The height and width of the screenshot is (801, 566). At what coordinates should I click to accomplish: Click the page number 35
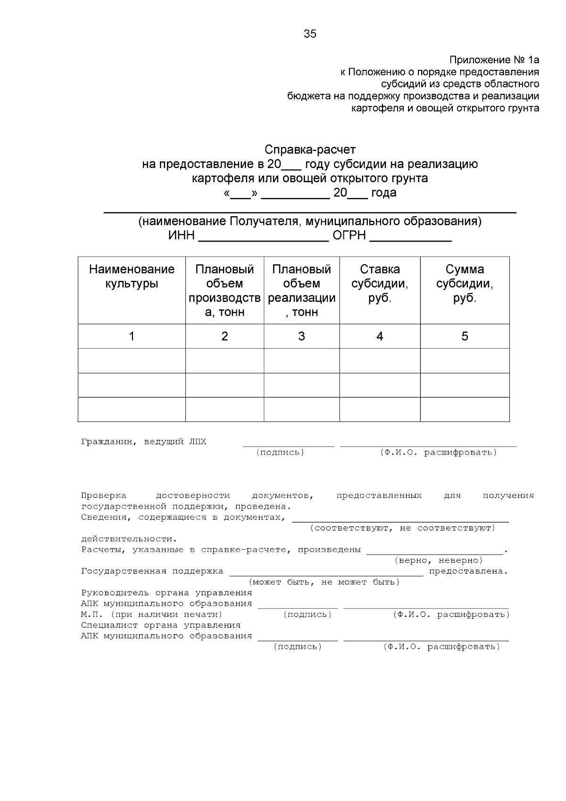click(x=310, y=34)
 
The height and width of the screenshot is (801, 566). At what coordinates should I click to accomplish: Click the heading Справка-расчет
click(x=310, y=150)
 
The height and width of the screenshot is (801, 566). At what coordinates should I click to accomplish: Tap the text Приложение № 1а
click(x=494, y=60)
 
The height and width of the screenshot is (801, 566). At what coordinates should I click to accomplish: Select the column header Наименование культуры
click(x=132, y=277)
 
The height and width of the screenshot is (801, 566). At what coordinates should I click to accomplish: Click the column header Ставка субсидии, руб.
click(x=380, y=284)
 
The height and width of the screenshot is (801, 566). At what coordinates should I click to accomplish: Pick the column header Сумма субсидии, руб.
click(x=465, y=284)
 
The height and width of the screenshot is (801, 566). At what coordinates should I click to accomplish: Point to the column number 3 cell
click(x=301, y=337)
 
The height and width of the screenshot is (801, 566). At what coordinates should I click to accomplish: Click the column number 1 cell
click(x=132, y=337)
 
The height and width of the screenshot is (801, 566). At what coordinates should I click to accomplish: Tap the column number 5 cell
click(x=465, y=337)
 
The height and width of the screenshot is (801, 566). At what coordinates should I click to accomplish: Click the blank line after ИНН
click(x=263, y=237)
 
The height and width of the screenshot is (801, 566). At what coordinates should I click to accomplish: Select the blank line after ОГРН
click(x=410, y=237)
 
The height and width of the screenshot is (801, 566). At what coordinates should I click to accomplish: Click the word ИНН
click(x=182, y=236)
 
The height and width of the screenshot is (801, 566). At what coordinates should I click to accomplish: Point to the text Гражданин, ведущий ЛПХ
click(x=143, y=442)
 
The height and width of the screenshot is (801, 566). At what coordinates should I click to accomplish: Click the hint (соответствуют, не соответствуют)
click(x=402, y=528)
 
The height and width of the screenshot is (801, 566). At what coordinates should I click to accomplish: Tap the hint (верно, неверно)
click(x=438, y=561)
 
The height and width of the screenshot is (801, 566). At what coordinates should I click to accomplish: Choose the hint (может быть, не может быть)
click(x=324, y=582)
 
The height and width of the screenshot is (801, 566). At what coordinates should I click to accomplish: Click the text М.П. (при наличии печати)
click(x=151, y=615)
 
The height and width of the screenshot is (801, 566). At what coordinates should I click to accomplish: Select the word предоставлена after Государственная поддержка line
click(x=468, y=572)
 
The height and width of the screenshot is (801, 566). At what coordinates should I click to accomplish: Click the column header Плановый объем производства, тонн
click(x=225, y=291)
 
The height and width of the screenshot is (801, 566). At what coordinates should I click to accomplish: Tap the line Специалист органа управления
click(x=161, y=625)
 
